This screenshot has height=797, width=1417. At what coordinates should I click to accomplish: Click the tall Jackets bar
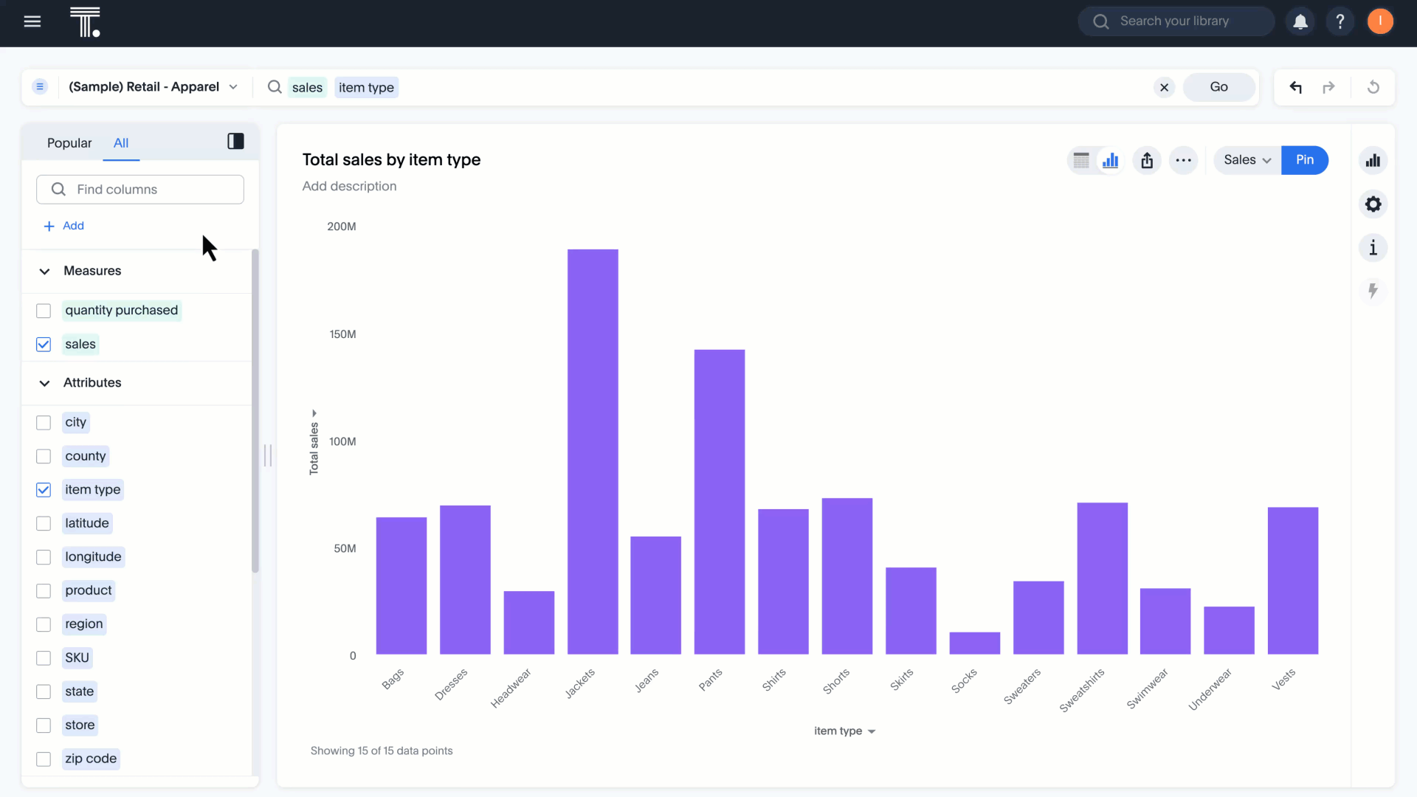click(593, 452)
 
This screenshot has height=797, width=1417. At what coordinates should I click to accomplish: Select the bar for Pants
click(719, 502)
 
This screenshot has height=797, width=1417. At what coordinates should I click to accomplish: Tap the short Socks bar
click(974, 643)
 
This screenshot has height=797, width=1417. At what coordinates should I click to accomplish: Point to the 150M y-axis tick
click(342, 334)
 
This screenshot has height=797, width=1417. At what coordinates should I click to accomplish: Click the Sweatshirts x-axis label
click(1082, 690)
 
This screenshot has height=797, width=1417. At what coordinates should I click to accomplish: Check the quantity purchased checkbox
click(44, 311)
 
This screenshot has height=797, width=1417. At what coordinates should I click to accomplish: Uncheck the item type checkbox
click(44, 490)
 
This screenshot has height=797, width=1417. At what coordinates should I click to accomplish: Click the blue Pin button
click(1304, 160)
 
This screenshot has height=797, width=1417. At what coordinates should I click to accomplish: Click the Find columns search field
click(140, 190)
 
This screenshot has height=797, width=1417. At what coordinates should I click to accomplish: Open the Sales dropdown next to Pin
click(1247, 160)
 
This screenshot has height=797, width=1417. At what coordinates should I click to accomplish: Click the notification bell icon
click(1300, 21)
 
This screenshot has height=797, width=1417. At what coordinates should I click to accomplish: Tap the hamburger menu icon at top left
click(32, 21)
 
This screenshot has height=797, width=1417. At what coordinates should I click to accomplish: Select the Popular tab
click(69, 143)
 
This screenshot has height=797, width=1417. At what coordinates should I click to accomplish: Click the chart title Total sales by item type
click(391, 160)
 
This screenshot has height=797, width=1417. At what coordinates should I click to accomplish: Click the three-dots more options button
click(1183, 160)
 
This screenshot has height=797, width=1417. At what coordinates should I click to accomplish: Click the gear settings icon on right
click(1373, 204)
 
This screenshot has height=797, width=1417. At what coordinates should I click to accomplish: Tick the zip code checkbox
click(44, 759)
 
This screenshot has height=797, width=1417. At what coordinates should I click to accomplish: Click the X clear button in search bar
click(1164, 88)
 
